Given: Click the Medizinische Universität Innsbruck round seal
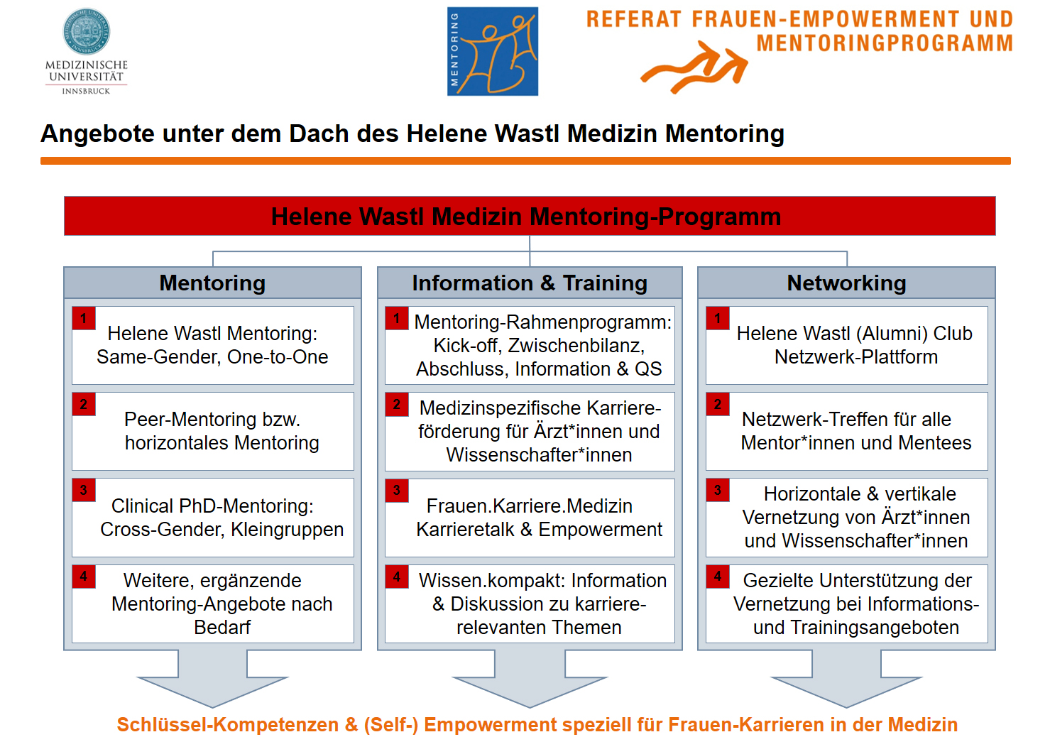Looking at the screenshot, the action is pyautogui.click(x=87, y=31).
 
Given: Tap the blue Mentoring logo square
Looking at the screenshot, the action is pyautogui.click(x=493, y=51).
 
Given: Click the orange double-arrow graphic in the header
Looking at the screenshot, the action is pyautogui.click(x=694, y=67).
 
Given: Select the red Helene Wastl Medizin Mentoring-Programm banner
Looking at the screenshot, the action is pyautogui.click(x=530, y=216).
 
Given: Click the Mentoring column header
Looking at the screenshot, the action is pyautogui.click(x=212, y=283).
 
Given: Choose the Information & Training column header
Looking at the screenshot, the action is pyautogui.click(x=530, y=283).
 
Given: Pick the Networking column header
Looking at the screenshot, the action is pyautogui.click(x=846, y=283).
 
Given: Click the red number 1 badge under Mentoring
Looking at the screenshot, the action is pyautogui.click(x=84, y=318).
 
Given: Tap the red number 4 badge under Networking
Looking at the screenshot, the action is pyautogui.click(x=718, y=577).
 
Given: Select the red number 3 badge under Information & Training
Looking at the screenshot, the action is pyautogui.click(x=397, y=491).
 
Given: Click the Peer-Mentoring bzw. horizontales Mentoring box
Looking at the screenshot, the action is pyautogui.click(x=213, y=431).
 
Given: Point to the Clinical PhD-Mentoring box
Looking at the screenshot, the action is pyautogui.click(x=213, y=518).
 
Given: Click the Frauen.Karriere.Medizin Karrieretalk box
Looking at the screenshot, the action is pyautogui.click(x=530, y=518).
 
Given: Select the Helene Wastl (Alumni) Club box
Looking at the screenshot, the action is pyautogui.click(x=846, y=346).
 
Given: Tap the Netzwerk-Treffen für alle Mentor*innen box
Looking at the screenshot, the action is pyautogui.click(x=846, y=431).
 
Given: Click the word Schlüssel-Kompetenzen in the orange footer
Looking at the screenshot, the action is pyautogui.click(x=228, y=724).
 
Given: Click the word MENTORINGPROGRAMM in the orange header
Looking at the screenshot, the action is pyautogui.click(x=885, y=43).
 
